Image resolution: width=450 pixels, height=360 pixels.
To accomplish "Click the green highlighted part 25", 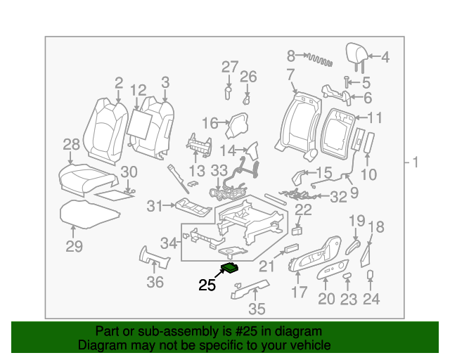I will coord(230,266).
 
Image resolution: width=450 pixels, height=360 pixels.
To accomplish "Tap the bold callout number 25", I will coord(207,285).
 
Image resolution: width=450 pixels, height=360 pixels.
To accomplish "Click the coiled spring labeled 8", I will coord(318,59).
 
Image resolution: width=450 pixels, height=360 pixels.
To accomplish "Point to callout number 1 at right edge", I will coord(415,163).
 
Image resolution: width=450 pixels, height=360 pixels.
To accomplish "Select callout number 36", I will coord(155,282).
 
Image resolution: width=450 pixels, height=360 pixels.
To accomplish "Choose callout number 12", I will coord(138,89).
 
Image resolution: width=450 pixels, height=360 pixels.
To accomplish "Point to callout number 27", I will coord(230,67).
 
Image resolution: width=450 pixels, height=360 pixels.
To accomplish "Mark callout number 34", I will coord(169,243).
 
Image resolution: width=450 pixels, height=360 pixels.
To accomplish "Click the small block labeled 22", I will coord(298,229).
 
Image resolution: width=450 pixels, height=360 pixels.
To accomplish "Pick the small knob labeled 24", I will coord(370,275).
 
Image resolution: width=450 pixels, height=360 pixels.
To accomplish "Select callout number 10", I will coord(369,174).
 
